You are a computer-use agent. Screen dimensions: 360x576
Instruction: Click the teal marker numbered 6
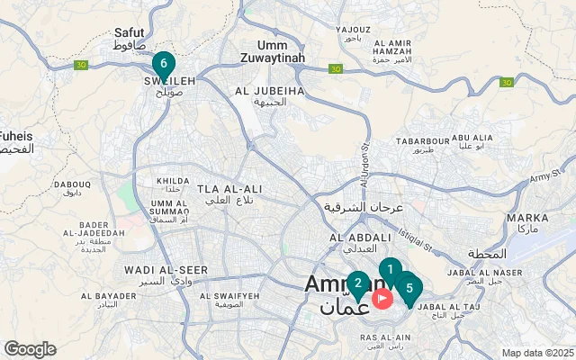point(163,64)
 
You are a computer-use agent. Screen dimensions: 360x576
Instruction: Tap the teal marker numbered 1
point(390,269)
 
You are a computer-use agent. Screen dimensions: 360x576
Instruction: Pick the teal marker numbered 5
point(409,289)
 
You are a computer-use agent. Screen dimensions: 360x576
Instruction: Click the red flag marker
point(382,298)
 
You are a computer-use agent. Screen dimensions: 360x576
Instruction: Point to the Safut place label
point(130,32)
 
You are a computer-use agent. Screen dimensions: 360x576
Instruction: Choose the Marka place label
point(527,218)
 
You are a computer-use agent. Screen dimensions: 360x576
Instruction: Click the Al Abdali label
point(359,238)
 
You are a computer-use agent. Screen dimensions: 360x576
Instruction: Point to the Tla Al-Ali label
point(230,188)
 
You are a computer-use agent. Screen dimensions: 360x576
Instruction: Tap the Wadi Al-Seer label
point(153,269)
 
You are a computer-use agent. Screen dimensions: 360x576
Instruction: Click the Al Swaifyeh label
point(229,295)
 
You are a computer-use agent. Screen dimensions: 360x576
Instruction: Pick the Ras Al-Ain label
point(385,337)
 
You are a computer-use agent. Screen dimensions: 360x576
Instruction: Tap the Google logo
point(30,349)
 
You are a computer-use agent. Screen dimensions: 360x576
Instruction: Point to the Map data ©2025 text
point(537,353)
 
